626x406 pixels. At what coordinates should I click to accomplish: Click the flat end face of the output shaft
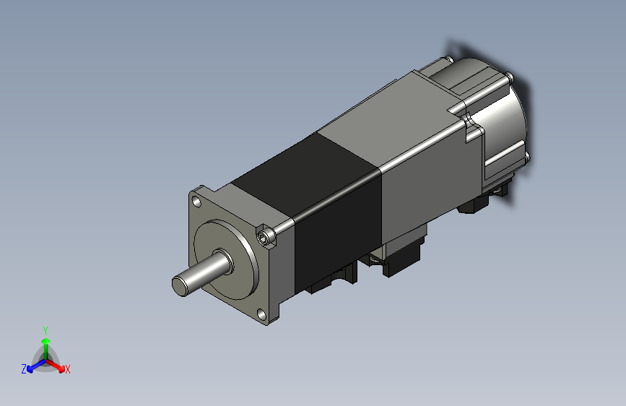click(x=180, y=285)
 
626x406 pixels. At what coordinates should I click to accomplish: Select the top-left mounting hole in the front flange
click(x=196, y=202)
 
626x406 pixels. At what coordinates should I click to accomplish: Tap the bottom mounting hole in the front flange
click(x=262, y=315)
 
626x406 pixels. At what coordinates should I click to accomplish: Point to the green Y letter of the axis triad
click(x=45, y=330)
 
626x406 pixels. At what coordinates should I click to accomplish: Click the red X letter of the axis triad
click(x=67, y=369)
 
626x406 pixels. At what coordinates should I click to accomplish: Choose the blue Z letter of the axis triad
click(x=24, y=369)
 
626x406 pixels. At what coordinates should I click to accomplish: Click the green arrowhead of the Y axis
click(x=46, y=341)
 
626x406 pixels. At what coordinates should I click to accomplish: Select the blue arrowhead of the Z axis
click(x=30, y=369)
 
